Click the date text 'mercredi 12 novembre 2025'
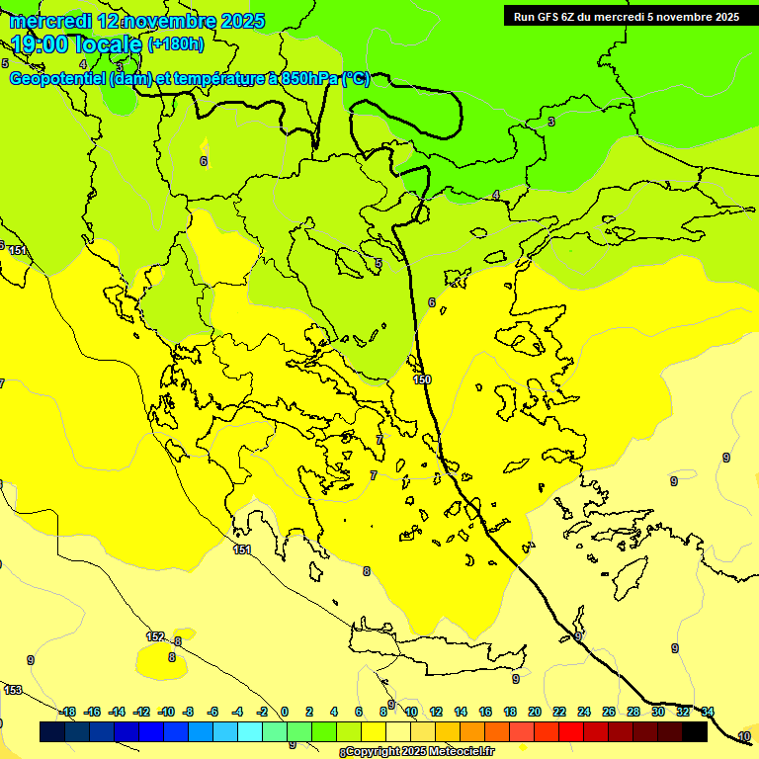point(137,21)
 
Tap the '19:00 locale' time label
point(76,44)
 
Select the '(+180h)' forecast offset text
point(176,44)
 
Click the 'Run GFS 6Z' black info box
point(627,16)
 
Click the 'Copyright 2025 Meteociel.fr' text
point(420,752)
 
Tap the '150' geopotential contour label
point(422,379)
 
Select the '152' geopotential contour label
point(155,636)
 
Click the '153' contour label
point(13,690)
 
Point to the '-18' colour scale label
point(67,712)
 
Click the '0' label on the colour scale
point(284,712)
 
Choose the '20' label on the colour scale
point(534,712)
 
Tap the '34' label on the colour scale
point(708,712)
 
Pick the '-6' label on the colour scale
point(211,712)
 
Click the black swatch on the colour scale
point(694,731)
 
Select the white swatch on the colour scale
point(397,731)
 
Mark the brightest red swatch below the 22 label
point(570,731)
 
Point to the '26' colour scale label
point(608,712)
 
